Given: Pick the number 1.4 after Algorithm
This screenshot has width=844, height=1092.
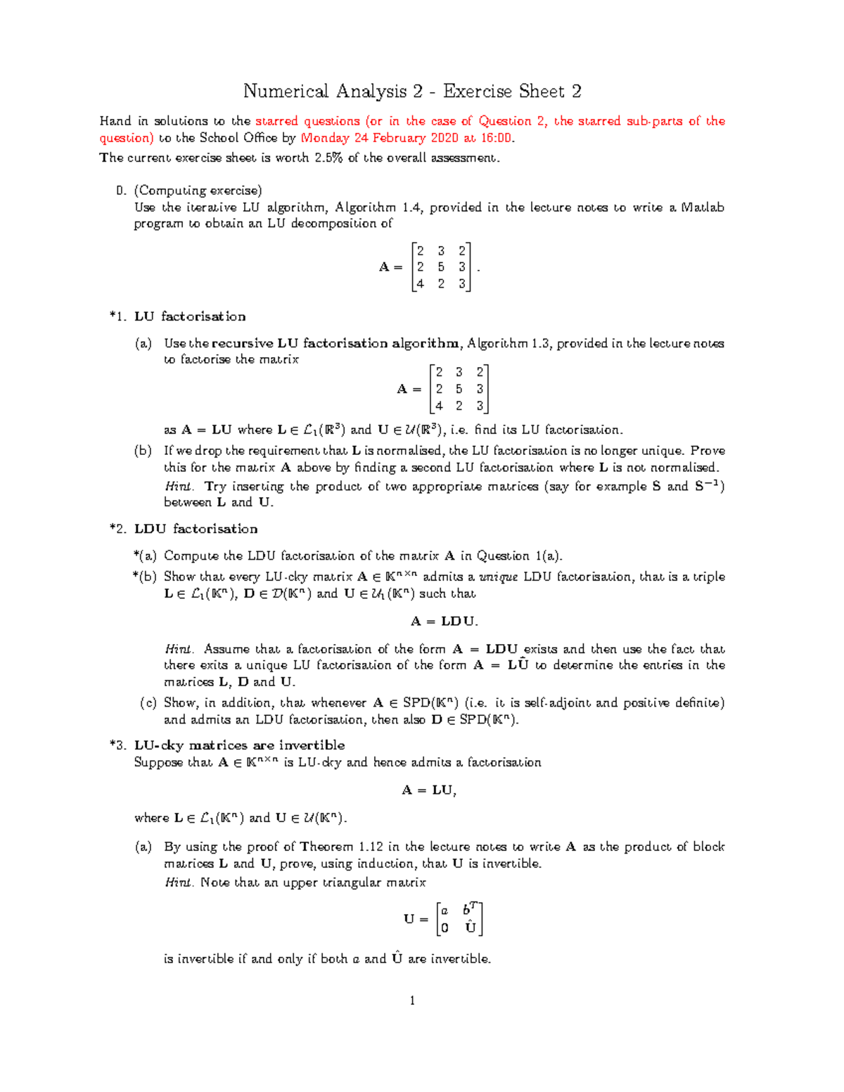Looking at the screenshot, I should pos(411,207).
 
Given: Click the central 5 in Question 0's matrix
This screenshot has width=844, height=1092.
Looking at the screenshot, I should pos(441,267).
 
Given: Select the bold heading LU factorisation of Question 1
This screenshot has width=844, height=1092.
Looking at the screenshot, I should pos(190,316).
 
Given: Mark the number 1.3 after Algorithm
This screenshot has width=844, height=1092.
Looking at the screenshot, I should pos(539,343).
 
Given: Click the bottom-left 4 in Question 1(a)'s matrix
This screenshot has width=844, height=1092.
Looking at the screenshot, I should pos(439,406).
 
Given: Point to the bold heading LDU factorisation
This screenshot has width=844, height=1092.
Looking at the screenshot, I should pos(196,529).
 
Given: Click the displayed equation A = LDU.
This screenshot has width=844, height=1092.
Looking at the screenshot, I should pos(444,622).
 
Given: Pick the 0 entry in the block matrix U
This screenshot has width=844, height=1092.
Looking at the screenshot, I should pos(444,927).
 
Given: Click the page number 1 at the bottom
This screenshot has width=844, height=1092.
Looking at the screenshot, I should pos(412,1001).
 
